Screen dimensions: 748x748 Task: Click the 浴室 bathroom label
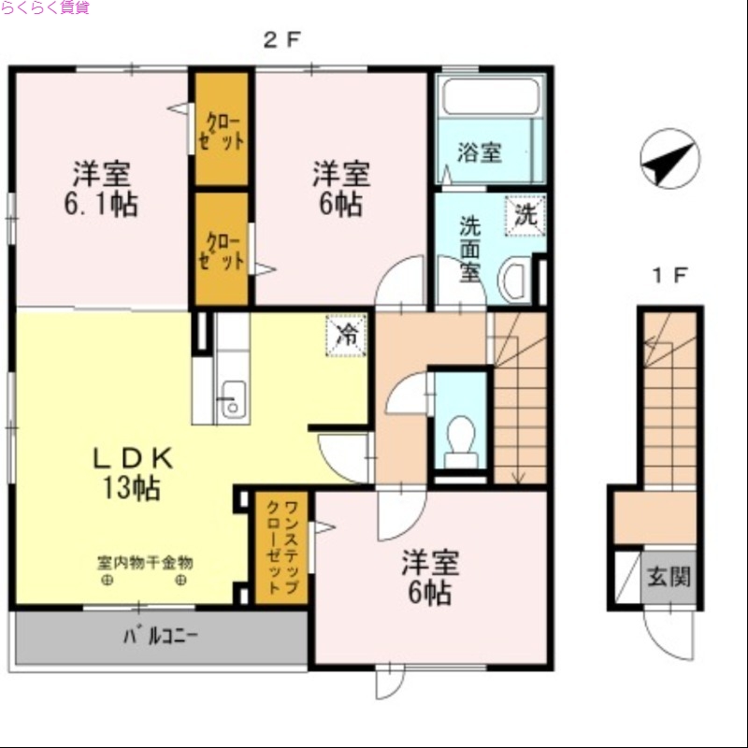pyautogui.click(x=480, y=152)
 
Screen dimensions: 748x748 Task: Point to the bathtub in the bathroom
pyautogui.click(x=491, y=96)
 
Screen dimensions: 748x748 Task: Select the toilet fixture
pyautogui.click(x=459, y=439)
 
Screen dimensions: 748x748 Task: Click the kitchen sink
pyautogui.click(x=230, y=399)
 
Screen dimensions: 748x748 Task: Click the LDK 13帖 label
pyautogui.click(x=131, y=472)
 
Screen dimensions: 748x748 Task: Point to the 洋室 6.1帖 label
pyautogui.click(x=101, y=189)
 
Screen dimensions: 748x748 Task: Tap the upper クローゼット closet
pyautogui.click(x=222, y=131)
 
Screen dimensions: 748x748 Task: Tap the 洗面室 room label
pyautogui.click(x=469, y=250)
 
